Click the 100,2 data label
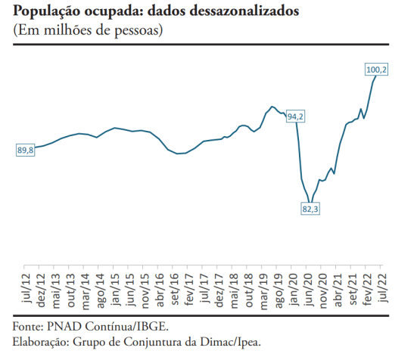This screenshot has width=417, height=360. coord(377,70)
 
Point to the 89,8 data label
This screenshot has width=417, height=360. coord(26,151)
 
